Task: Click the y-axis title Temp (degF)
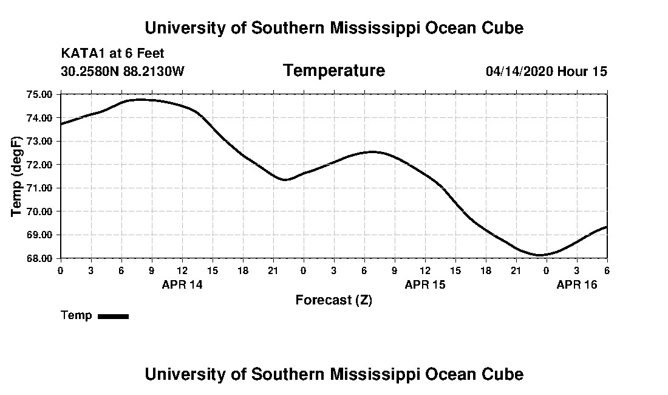pos(17,176)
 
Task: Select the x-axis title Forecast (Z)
pos(333,300)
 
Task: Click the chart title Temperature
pos(333,71)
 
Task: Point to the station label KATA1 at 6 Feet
pos(112,53)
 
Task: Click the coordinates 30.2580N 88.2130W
pos(123,72)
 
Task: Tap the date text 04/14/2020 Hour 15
pos(546,72)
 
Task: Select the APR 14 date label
pos(182,284)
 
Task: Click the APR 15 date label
pos(424,284)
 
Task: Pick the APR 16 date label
pos(577,284)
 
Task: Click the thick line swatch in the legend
pos(113,316)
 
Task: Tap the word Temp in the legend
pos(77,315)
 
